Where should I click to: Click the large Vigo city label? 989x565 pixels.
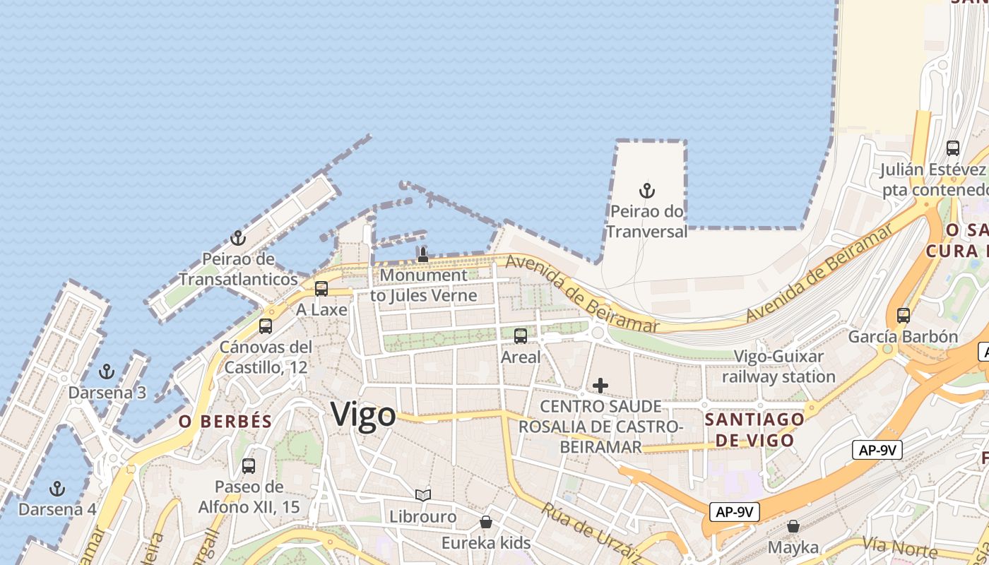coord(363,414)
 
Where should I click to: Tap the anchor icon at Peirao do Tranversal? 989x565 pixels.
coord(646,191)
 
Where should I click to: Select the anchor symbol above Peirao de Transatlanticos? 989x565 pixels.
coord(238,238)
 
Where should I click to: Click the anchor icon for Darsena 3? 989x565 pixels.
coord(107,371)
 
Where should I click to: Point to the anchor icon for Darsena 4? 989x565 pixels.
coord(57,489)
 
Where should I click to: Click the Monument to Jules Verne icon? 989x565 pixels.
coord(422,254)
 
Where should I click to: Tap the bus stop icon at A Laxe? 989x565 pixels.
coord(321,289)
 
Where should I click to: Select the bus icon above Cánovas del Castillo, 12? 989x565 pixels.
coord(266,326)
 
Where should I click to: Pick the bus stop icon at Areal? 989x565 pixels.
coord(521,336)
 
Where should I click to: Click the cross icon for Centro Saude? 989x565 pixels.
coord(600,386)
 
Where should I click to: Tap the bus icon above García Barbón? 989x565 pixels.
coord(903,316)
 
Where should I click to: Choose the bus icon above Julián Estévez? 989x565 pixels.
coord(953,148)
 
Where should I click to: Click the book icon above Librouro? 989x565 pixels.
coord(423,496)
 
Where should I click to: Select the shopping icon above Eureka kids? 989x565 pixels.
coord(486,523)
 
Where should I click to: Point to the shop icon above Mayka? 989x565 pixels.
coord(793,526)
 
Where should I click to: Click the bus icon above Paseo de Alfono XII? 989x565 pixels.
coord(249,466)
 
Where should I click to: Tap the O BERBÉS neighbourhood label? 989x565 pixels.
coord(225,422)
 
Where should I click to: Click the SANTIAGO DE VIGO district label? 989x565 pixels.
coord(754,429)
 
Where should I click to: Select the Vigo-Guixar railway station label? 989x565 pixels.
coord(778,367)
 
